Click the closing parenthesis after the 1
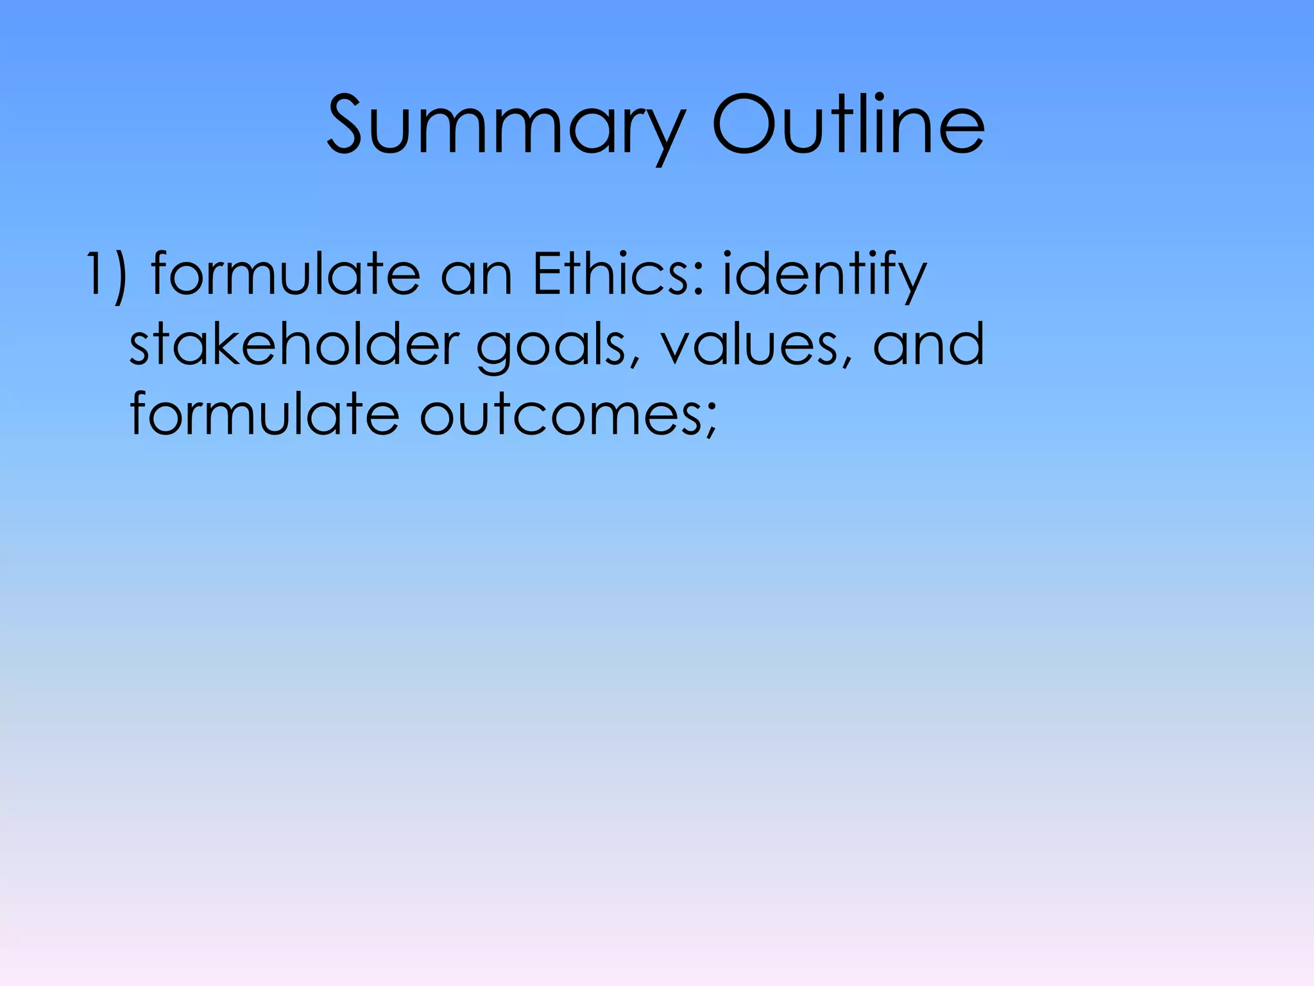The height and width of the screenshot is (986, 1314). tap(119, 276)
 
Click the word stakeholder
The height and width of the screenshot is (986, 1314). tap(294, 344)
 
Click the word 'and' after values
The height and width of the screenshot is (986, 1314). tap(928, 344)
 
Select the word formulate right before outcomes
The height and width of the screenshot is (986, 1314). tap(264, 414)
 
